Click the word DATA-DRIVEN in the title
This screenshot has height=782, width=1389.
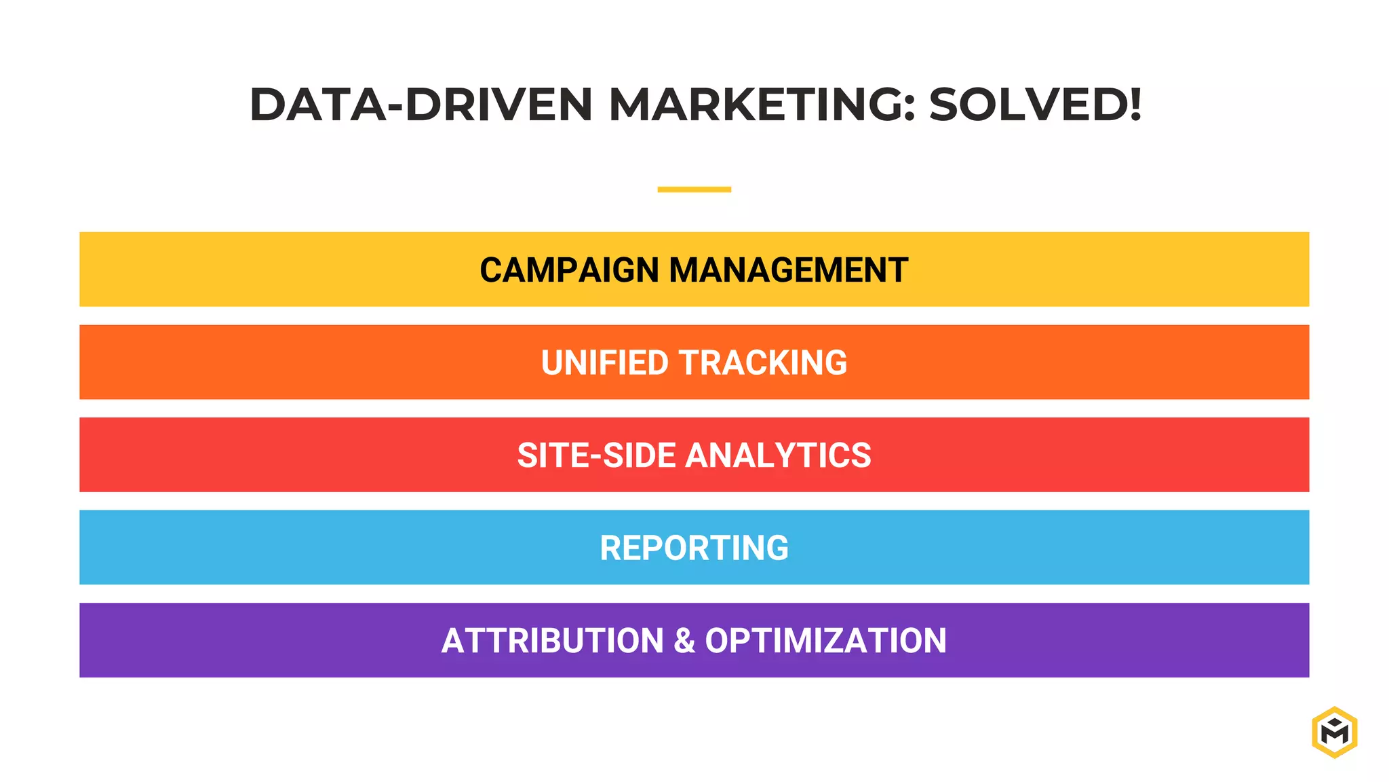[421, 105]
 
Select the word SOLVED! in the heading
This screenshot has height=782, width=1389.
[1035, 105]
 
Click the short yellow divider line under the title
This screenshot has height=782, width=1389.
[694, 189]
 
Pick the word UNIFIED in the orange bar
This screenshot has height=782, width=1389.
[605, 362]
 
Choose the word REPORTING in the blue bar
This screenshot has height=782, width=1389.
[694, 548]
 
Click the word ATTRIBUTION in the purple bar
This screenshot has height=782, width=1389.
[552, 641]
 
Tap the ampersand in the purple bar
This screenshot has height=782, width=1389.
[684, 641]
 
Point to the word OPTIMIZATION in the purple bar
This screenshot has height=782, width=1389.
[825, 641]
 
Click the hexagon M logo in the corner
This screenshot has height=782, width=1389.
[1334, 732]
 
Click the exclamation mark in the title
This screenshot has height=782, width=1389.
[1135, 105]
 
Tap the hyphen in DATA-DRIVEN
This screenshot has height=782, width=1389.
[395, 107]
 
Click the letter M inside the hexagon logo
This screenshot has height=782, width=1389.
[1334, 734]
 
